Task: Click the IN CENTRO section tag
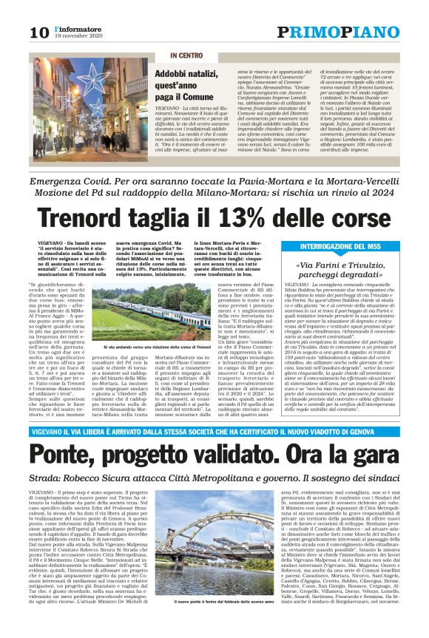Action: tap(186, 56)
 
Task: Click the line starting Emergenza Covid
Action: tap(214, 180)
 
